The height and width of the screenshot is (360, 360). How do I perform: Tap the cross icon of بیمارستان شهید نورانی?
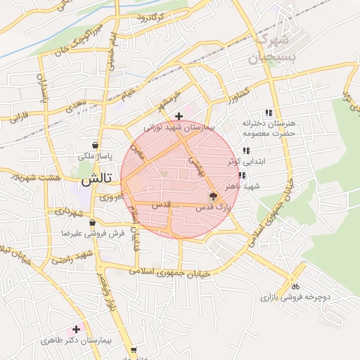tap(179, 115)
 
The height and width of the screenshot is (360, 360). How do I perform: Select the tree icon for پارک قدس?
tap(212, 197)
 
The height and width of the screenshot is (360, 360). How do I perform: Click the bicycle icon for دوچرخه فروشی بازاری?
tap(295, 286)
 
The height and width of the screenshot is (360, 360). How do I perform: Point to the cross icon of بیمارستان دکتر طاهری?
tap(76, 329)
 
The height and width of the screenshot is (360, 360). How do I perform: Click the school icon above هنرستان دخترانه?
tap(268, 112)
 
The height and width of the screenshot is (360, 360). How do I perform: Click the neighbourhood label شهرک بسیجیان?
tap(275, 46)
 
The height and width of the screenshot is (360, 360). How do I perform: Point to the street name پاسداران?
tap(41, 89)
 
